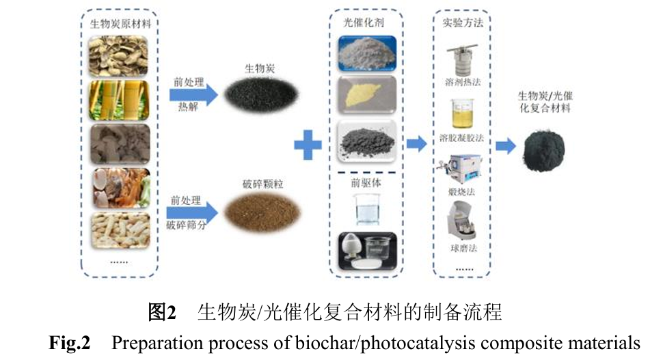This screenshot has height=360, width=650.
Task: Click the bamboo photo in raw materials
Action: click(119, 97)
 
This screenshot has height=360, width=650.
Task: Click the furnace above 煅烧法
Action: click(461, 169)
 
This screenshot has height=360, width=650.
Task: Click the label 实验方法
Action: click(463, 23)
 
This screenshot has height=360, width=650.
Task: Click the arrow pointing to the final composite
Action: click(505, 145)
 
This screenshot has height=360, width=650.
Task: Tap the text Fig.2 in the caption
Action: click(69, 342)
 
